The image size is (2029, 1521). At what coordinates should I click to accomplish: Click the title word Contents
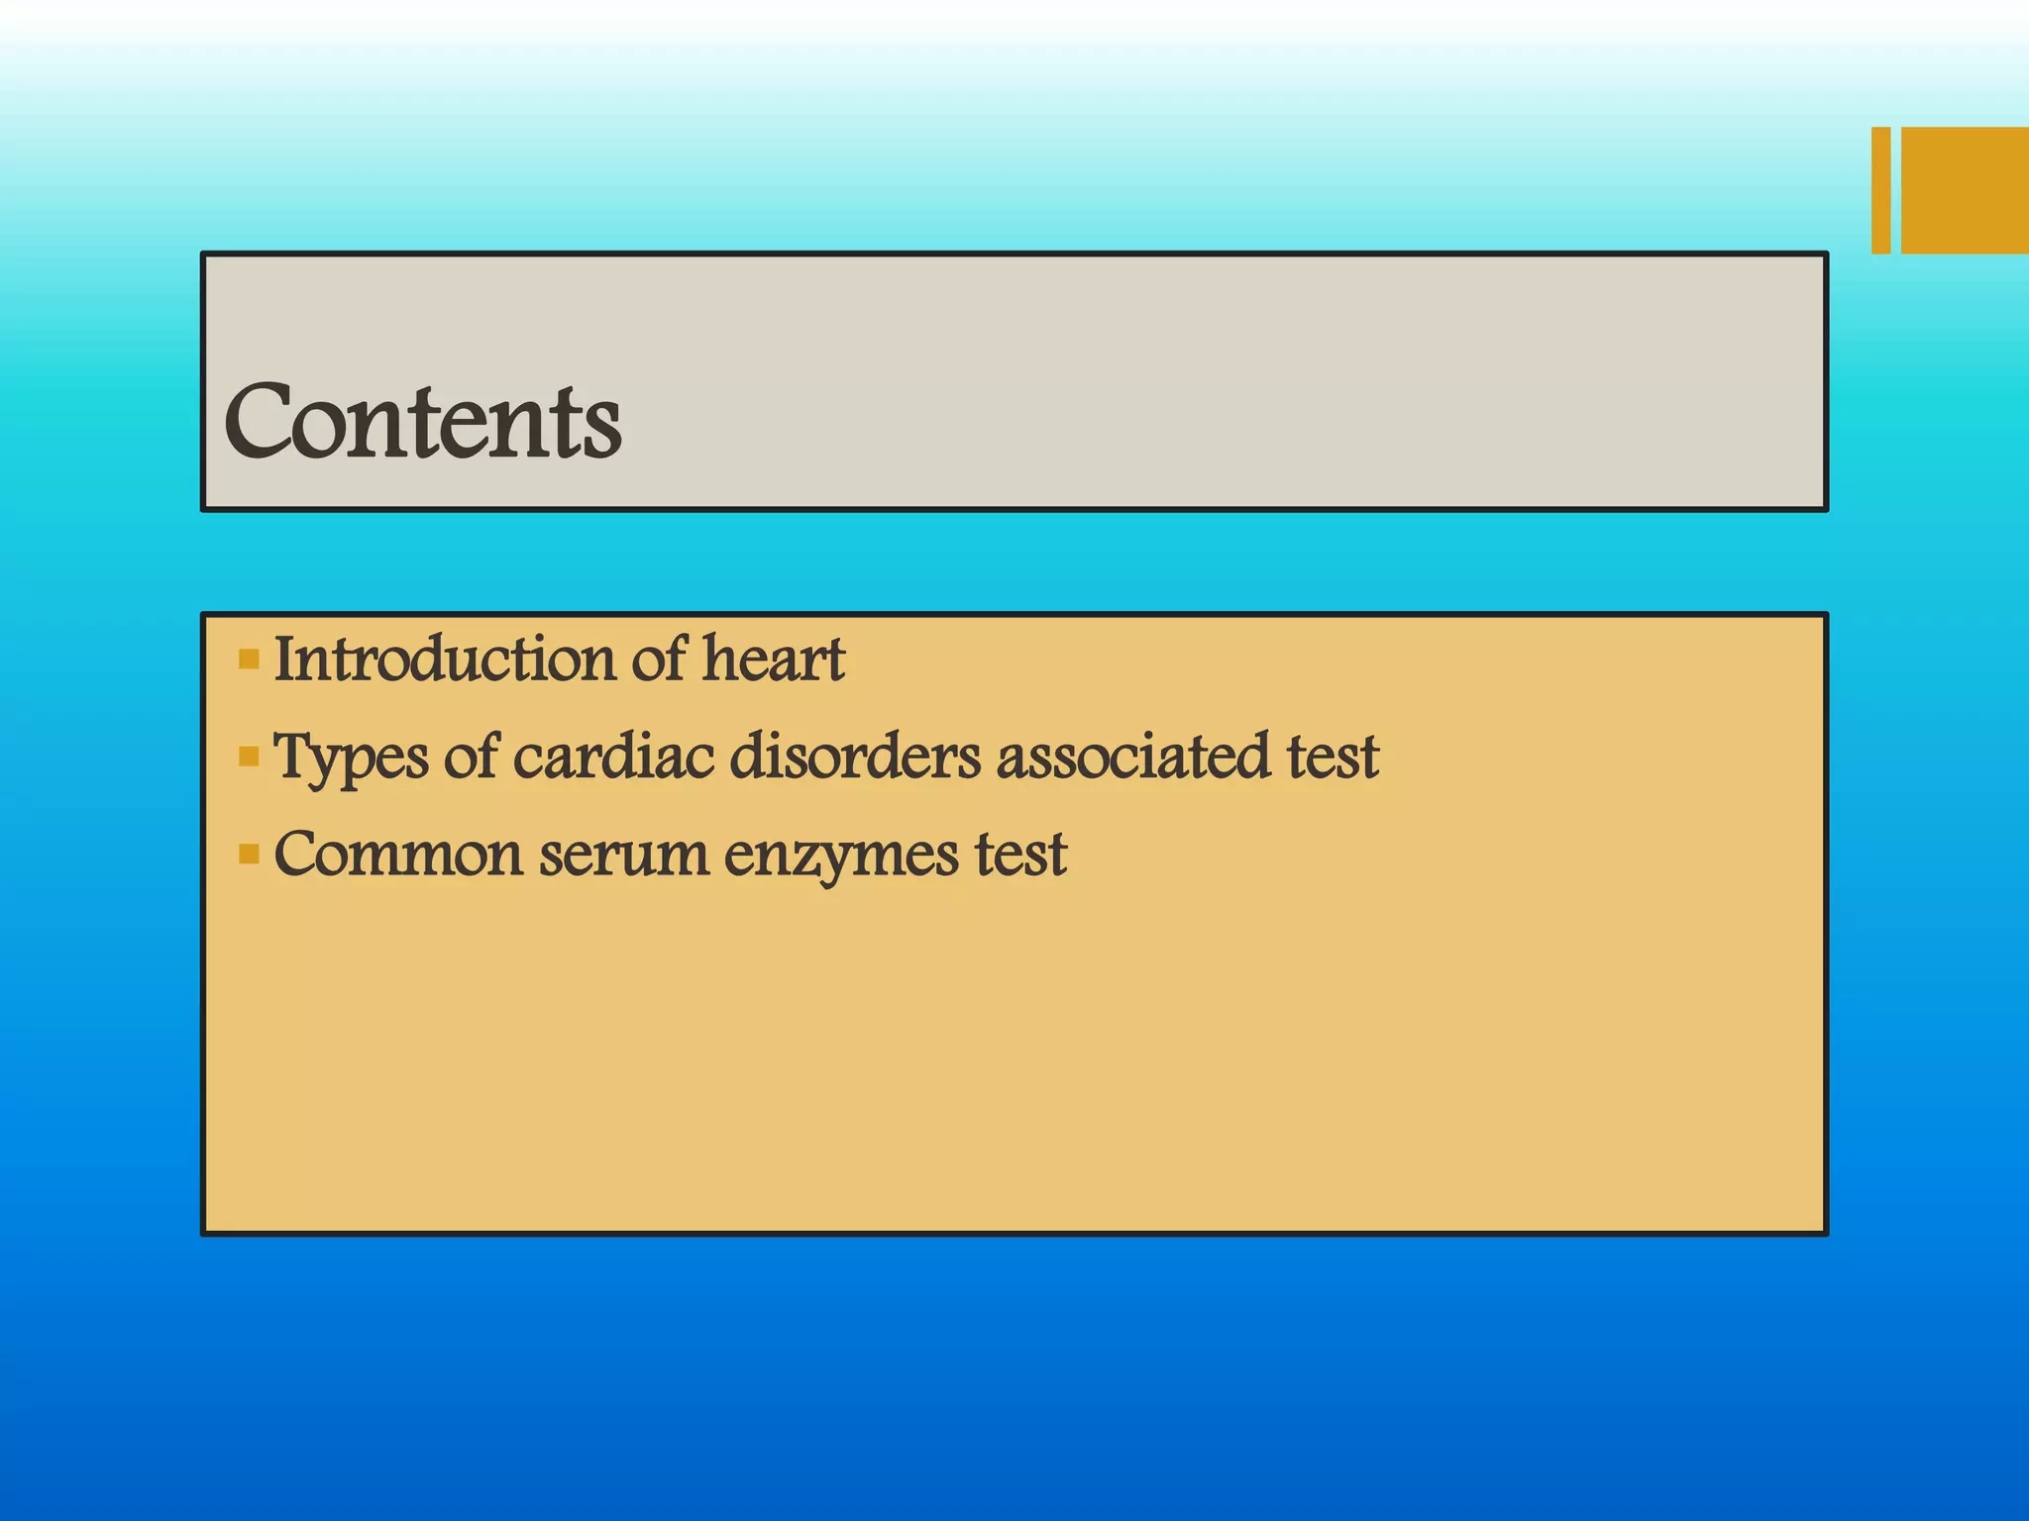[424, 422]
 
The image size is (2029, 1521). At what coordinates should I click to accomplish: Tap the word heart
[773, 659]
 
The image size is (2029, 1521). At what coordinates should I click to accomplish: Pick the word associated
[1132, 757]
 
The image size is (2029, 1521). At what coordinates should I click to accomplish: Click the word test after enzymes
[1020, 854]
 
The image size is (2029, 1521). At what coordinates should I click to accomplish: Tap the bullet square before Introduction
[249, 659]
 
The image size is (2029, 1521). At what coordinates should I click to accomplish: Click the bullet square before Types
[249, 758]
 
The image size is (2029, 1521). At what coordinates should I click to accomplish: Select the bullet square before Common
[249, 854]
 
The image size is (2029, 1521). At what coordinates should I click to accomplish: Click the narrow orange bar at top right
[1880, 190]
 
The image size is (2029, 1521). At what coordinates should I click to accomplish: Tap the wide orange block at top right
[1965, 190]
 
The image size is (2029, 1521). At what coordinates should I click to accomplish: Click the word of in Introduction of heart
[659, 659]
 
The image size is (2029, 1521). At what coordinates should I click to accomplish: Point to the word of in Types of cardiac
[471, 757]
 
